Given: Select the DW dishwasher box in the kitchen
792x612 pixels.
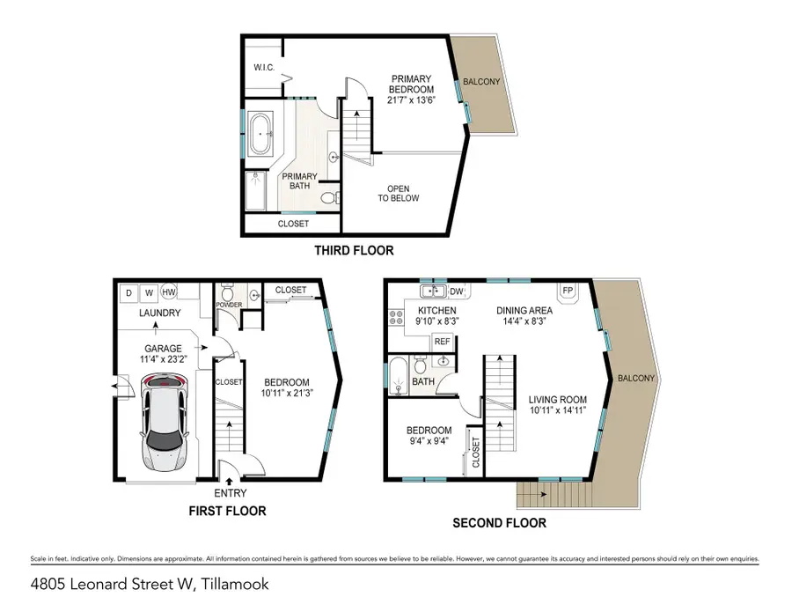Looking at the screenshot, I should click(456, 291).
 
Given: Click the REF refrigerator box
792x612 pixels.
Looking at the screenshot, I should click(442, 341).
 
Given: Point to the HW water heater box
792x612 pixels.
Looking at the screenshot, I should click(169, 292).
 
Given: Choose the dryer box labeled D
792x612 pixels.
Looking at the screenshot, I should click(128, 292).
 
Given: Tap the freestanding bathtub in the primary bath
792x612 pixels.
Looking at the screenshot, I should click(261, 136).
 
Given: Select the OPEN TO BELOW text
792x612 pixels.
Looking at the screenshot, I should click(398, 193).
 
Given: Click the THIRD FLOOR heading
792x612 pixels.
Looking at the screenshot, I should click(354, 251).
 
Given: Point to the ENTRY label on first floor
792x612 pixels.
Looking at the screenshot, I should click(230, 493).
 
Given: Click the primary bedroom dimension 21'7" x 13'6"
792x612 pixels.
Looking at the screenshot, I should click(413, 100).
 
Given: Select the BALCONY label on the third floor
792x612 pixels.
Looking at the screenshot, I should click(482, 82).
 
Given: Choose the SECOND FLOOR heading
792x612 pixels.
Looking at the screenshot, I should click(499, 523).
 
